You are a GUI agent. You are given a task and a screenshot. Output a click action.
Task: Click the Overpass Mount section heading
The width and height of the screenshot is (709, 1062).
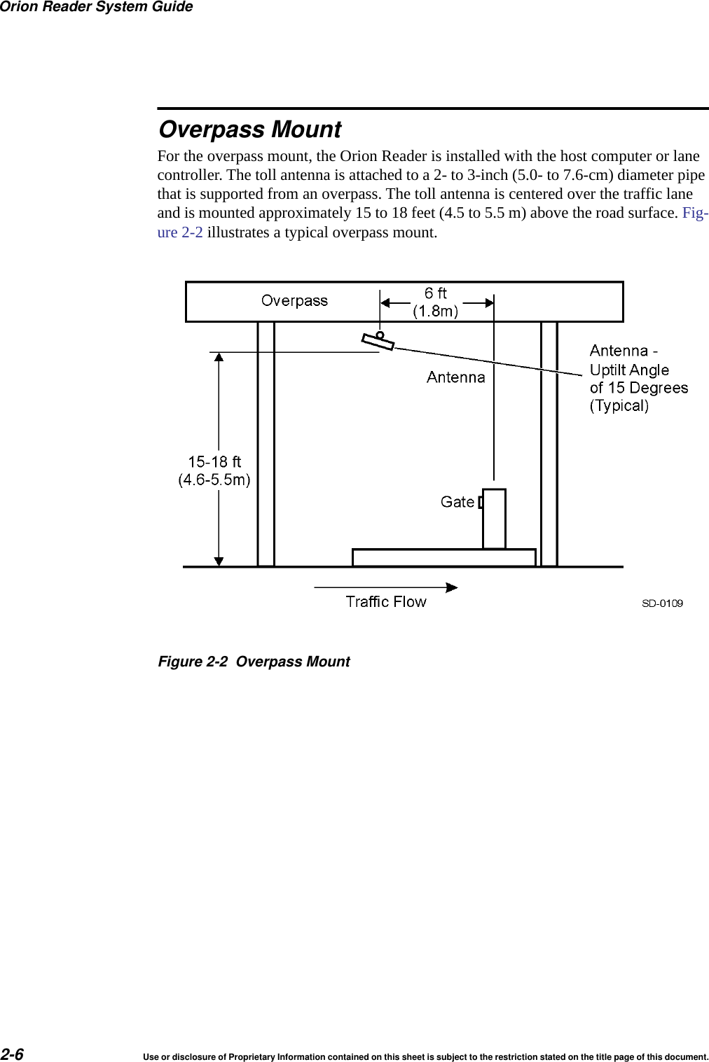[249, 130]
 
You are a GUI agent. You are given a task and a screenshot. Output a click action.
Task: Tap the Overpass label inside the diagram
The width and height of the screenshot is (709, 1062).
[294, 301]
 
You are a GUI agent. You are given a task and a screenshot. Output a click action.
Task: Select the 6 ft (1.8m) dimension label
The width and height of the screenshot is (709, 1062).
[436, 302]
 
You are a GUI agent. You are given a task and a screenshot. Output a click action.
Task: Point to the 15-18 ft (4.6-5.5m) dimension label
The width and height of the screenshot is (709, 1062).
[214, 470]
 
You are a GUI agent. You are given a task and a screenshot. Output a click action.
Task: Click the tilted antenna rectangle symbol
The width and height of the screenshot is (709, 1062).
[378, 342]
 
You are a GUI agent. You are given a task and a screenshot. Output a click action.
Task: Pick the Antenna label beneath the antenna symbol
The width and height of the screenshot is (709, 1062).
[455, 377]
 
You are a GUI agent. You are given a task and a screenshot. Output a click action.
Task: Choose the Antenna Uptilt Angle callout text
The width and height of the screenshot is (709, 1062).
[638, 378]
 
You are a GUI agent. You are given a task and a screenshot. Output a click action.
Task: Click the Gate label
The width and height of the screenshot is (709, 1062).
[457, 502]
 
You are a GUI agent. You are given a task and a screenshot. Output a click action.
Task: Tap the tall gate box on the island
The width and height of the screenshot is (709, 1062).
[494, 518]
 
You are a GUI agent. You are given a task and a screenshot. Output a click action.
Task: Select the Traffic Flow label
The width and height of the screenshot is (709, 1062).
[386, 602]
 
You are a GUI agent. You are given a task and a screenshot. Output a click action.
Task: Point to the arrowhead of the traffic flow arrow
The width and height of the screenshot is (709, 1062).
[453, 587]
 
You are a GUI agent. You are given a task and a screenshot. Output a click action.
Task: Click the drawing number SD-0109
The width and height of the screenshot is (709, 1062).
[662, 603]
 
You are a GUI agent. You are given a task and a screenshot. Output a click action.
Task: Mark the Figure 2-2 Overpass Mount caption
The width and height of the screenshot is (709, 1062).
[254, 662]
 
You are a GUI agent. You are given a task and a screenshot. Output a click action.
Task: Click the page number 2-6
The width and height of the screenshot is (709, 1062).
[12, 1054]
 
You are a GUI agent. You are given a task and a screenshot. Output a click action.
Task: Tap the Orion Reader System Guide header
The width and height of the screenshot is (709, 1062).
[97, 7]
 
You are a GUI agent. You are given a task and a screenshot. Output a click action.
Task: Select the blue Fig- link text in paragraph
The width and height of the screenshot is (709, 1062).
[695, 213]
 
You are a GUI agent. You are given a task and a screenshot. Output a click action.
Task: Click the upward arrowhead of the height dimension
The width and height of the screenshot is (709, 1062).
[219, 357]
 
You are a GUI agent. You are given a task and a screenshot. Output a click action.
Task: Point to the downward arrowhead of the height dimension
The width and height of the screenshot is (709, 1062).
[219, 561]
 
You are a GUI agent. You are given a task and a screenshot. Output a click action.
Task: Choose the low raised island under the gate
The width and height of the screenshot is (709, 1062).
[443, 558]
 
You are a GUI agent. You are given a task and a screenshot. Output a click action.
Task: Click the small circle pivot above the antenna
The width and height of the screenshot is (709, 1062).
[380, 335]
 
